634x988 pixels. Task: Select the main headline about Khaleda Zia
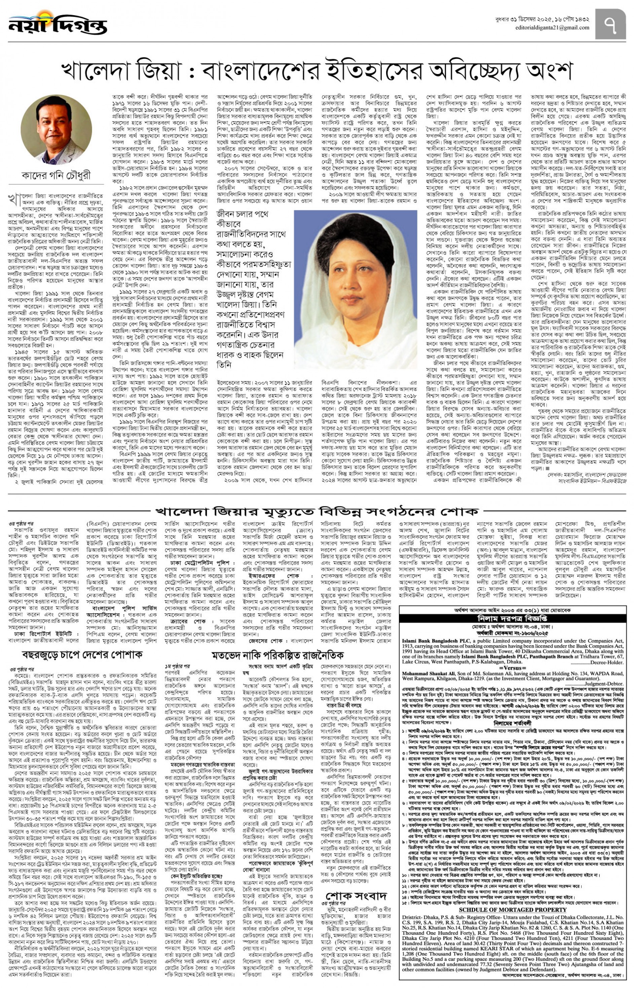click(316, 71)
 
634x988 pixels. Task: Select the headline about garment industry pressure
click(82, 654)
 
